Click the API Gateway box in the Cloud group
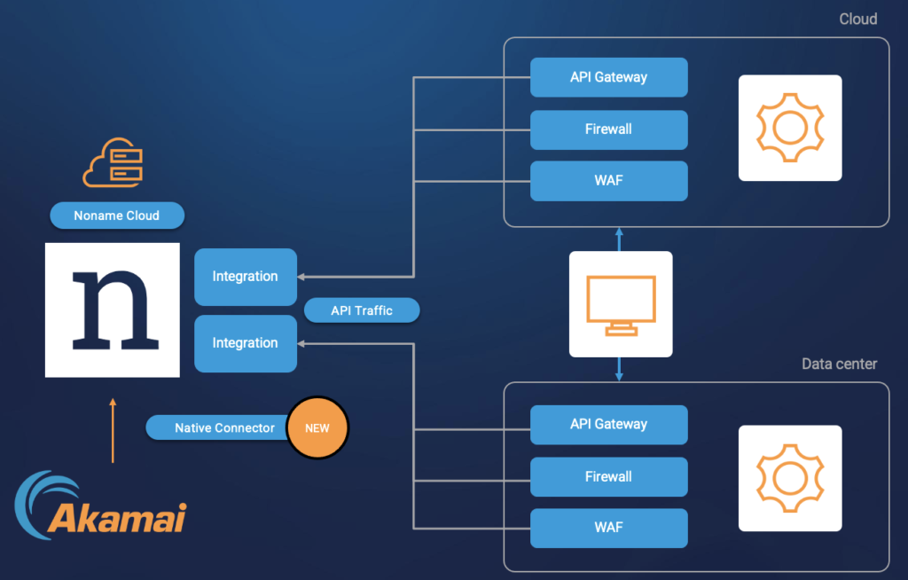click(609, 77)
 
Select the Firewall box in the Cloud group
click(609, 129)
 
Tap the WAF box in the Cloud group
click(609, 181)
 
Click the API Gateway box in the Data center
click(609, 425)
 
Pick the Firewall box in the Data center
click(609, 477)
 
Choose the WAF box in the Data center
click(609, 528)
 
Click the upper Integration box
click(246, 277)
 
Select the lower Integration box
click(246, 343)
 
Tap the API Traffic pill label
click(362, 310)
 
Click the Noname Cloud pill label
click(117, 216)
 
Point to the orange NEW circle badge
click(318, 427)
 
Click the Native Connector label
click(224, 428)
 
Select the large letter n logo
click(113, 310)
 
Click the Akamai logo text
click(117, 517)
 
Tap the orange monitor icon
click(621, 304)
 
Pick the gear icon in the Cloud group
click(789, 128)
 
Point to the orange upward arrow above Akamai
click(113, 430)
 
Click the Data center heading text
click(839, 364)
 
